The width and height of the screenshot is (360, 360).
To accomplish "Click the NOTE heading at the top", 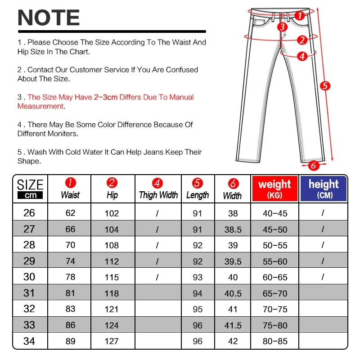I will [49, 18].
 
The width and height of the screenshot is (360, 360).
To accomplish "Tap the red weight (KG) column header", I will [274, 188].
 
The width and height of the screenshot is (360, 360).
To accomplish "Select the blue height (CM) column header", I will [324, 188].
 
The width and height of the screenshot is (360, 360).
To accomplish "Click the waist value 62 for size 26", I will [70, 213].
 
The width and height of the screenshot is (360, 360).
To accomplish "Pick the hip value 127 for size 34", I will [112, 341].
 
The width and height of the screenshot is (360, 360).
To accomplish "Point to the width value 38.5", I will [233, 229].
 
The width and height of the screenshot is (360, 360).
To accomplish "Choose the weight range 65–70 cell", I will [274, 293].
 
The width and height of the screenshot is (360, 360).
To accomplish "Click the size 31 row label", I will [29, 293].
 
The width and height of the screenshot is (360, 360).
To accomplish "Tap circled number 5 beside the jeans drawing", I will [325, 85].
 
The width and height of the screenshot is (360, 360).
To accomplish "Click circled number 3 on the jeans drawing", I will [282, 27].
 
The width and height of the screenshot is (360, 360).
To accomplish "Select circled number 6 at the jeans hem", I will [314, 165].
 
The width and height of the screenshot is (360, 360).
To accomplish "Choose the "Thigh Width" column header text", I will [158, 195].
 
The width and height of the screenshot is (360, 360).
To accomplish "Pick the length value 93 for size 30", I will [198, 278].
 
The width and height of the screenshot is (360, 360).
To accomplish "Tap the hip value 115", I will [112, 278].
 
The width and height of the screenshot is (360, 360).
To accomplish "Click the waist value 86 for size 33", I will [70, 325].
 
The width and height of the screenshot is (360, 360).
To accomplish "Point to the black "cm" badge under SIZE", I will [30, 195].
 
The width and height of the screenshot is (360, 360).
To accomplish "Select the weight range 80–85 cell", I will [274, 341].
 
